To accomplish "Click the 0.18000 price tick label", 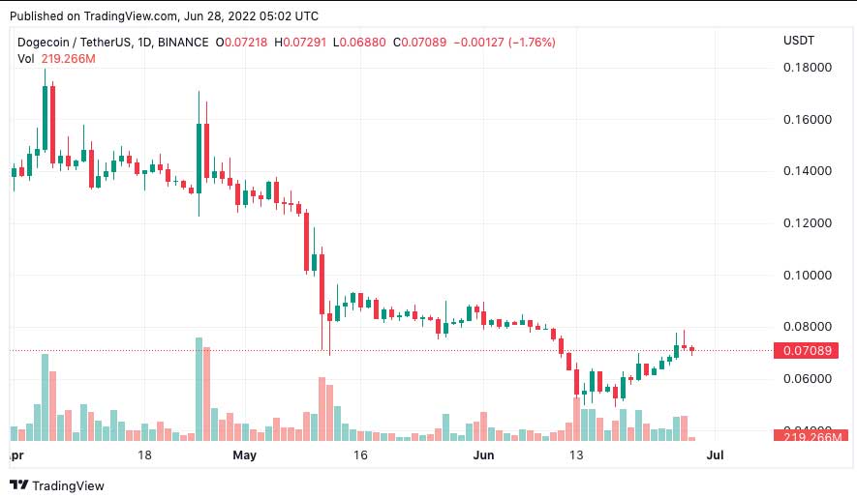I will click(x=807, y=68).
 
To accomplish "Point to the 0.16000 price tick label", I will click(x=807, y=120).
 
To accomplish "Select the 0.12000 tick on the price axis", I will click(x=807, y=223).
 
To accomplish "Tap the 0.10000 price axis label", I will click(x=807, y=275).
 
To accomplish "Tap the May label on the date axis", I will click(x=246, y=454).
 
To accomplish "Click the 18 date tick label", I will click(x=145, y=454).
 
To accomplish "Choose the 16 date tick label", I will click(x=361, y=454).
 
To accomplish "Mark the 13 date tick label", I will click(x=577, y=454).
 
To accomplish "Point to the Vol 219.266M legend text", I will click(x=56, y=59).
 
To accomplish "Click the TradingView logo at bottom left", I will click(x=57, y=485).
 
